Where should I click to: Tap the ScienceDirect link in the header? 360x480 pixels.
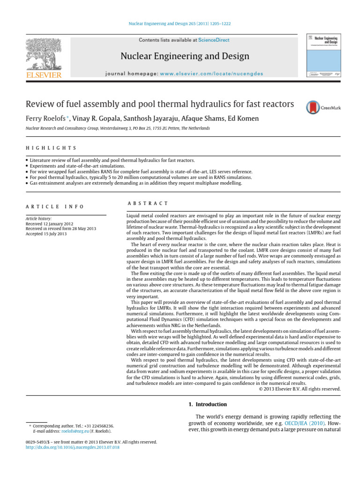(214, 40)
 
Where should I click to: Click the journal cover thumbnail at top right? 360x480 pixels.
(323, 56)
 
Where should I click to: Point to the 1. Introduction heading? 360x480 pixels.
(204, 404)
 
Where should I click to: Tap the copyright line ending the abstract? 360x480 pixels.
(300, 389)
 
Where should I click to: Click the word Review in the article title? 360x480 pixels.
(40, 104)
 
